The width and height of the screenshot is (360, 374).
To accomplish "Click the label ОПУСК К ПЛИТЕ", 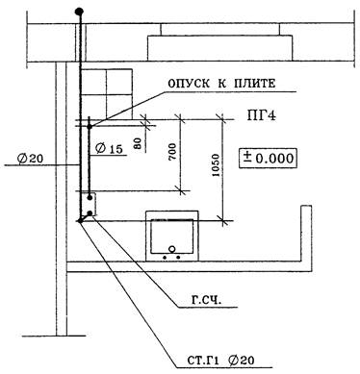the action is [x=221, y=84].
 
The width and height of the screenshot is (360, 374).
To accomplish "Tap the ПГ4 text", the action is [x=261, y=115].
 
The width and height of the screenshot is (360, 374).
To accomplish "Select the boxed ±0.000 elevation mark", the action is [x=268, y=159].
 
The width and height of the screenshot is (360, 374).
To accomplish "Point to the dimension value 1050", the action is [x=216, y=165].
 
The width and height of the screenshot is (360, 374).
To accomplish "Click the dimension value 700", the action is [x=172, y=152].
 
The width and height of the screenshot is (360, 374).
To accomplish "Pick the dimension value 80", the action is [x=138, y=143].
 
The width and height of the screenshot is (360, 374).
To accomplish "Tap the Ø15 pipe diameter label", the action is [x=109, y=149].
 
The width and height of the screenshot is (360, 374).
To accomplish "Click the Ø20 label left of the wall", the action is [x=31, y=159].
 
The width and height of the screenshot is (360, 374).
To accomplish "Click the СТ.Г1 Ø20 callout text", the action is [x=220, y=361].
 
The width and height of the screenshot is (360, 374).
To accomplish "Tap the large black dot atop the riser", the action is [x=79, y=12].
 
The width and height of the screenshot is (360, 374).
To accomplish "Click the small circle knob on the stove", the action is [x=172, y=249].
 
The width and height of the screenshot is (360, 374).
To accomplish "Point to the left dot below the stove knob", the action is [x=166, y=257].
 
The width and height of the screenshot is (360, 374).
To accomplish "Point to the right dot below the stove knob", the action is [x=178, y=257].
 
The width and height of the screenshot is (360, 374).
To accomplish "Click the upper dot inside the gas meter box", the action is [x=90, y=198].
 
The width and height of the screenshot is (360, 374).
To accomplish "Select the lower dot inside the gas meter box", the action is [x=90, y=213].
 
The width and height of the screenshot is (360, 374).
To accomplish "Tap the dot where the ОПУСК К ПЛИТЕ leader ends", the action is [x=90, y=127].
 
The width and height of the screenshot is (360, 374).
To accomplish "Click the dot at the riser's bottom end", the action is [x=80, y=221].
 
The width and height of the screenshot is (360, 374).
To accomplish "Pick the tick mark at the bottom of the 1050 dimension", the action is [x=224, y=220].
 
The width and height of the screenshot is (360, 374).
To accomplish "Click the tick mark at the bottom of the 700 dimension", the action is [x=181, y=191].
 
